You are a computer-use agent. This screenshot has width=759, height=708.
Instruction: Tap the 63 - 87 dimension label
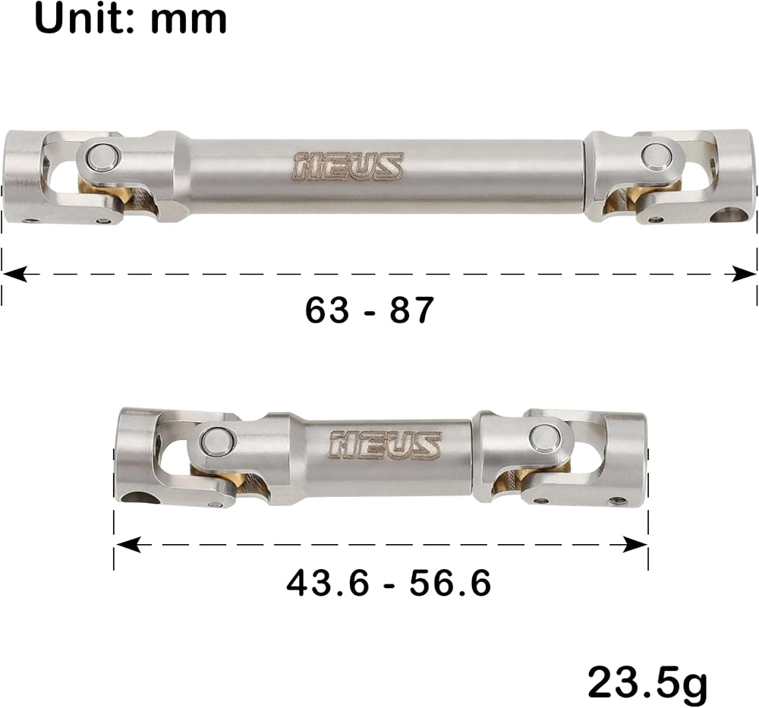tap(370, 310)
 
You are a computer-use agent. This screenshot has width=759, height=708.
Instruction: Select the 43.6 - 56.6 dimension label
tap(389, 583)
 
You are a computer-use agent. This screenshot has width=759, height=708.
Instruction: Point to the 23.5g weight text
tap(647, 682)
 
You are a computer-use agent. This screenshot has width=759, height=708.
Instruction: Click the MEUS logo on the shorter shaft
tap(386, 444)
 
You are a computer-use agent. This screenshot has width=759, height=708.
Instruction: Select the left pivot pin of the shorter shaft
tap(216, 442)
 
